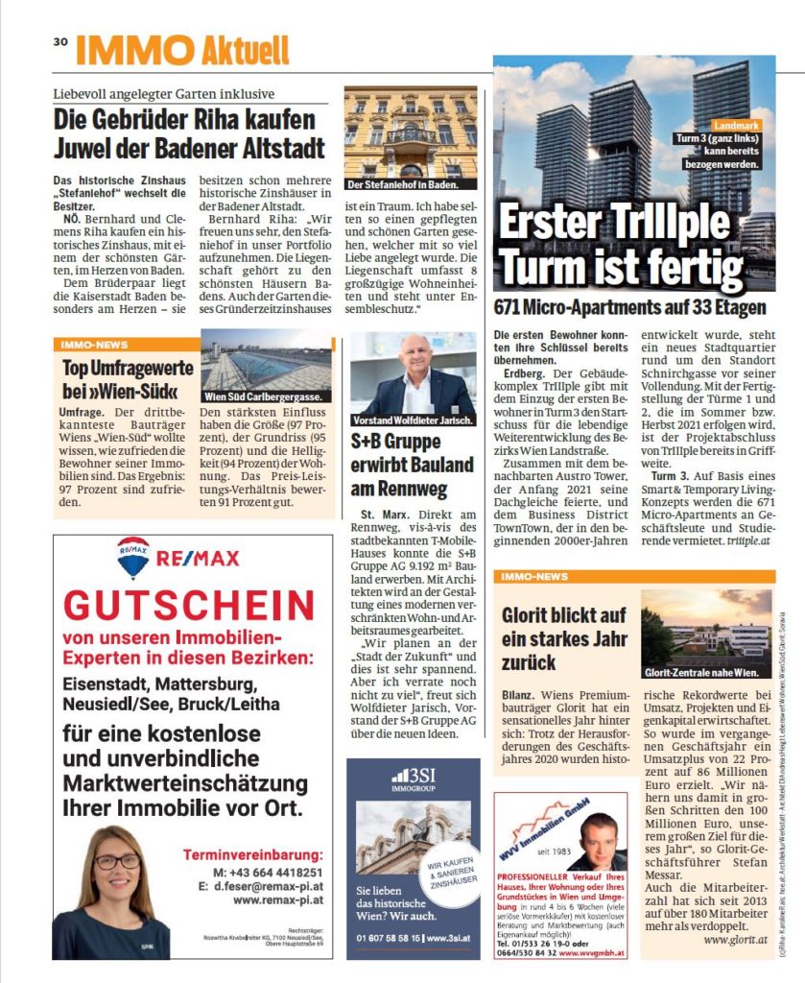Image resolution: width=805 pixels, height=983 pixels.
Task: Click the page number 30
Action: point(59,41)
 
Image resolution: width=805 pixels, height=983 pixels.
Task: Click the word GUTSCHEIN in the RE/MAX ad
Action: point(188,606)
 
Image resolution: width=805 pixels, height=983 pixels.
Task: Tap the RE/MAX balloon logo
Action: point(132,558)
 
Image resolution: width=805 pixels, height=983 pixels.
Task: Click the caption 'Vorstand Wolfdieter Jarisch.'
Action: point(412,420)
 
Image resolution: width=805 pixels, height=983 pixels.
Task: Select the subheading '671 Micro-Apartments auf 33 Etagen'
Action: point(629,308)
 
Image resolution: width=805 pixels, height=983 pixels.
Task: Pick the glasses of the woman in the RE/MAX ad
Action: point(117,861)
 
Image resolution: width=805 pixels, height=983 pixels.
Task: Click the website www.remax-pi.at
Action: point(277,900)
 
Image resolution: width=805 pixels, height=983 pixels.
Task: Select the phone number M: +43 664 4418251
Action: point(269,872)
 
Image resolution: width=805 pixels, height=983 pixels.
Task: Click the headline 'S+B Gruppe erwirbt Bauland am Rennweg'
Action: point(412,465)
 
